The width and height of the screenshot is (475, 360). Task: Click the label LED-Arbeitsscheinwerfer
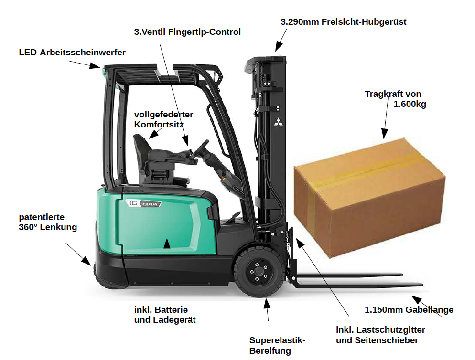(x=72, y=53)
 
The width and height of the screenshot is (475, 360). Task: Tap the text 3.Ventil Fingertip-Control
(x=187, y=32)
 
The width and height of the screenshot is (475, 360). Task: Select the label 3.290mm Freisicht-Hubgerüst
(x=344, y=22)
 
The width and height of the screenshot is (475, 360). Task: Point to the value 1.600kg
(x=410, y=104)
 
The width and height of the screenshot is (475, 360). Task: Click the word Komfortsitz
(x=159, y=125)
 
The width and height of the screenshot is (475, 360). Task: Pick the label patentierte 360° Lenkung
(x=48, y=222)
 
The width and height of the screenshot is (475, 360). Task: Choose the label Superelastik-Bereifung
(x=277, y=346)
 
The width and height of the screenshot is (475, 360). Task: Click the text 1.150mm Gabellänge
(x=409, y=310)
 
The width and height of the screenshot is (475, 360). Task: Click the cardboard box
(x=369, y=197)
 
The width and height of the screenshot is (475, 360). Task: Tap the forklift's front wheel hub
(x=258, y=272)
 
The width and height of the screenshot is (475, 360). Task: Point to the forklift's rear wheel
(x=102, y=276)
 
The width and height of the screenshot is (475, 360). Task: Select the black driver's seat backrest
(x=142, y=148)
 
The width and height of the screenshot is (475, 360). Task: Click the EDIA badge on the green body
(x=150, y=204)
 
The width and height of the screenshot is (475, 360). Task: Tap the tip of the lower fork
(x=422, y=285)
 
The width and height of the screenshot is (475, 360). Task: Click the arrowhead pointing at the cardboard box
(x=384, y=133)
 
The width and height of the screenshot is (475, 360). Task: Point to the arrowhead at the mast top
(x=278, y=47)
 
